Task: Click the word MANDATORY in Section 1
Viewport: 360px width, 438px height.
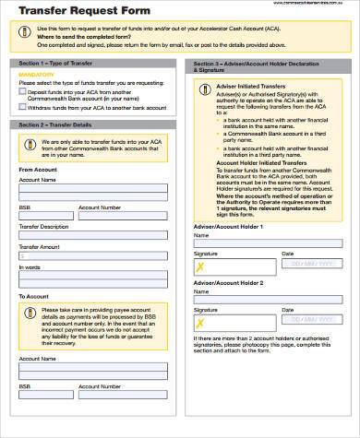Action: click(37, 76)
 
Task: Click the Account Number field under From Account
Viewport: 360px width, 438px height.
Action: click(123, 216)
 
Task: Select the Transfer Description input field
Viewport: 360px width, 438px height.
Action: click(92, 235)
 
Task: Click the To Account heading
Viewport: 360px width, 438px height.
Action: click(34, 295)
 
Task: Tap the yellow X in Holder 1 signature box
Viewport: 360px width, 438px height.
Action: click(199, 267)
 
